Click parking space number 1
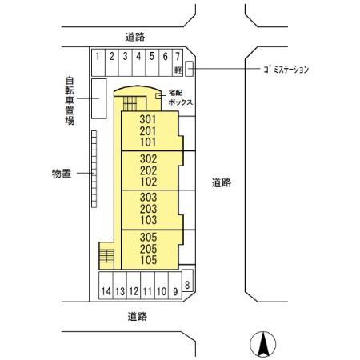[x=97, y=60]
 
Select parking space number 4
[x=138, y=60]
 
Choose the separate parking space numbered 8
[x=187, y=285]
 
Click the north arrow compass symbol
[x=261, y=345]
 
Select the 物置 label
[x=62, y=173]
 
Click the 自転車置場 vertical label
[x=70, y=101]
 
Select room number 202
[x=147, y=170]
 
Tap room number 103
[x=147, y=220]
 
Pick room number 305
[x=147, y=238]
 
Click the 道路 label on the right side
[x=222, y=182]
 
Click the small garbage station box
[x=190, y=69]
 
